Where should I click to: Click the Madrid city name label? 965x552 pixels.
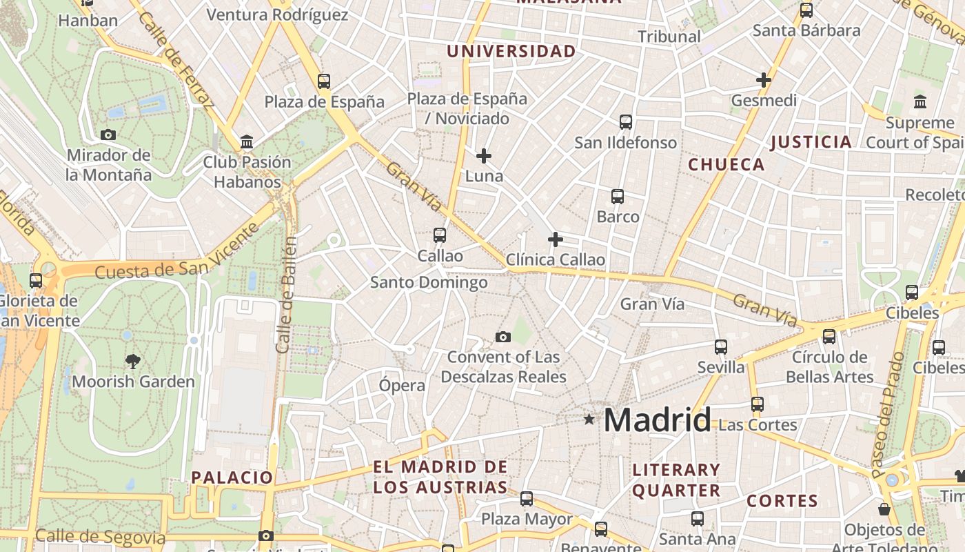click(x=658, y=420)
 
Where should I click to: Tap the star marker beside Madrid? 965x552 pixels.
click(x=589, y=419)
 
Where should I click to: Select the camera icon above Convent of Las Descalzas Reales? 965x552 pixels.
click(x=503, y=337)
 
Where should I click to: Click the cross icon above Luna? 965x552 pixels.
click(x=484, y=156)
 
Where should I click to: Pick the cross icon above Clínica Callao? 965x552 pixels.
click(x=555, y=239)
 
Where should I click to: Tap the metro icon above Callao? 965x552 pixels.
click(x=440, y=235)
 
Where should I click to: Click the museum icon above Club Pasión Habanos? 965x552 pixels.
click(x=247, y=142)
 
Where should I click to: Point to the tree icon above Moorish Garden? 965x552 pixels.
click(x=133, y=360)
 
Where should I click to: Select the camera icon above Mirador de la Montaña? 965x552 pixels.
click(x=108, y=135)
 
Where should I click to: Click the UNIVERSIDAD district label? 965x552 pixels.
click(x=511, y=51)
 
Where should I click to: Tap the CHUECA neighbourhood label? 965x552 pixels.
click(x=727, y=164)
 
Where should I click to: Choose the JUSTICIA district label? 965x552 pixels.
click(x=811, y=142)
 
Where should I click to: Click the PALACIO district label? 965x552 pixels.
click(x=232, y=477)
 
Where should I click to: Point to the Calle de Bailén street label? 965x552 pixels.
click(x=287, y=295)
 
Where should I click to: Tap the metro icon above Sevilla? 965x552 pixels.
click(x=721, y=346)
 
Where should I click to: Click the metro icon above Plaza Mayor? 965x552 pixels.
click(x=527, y=498)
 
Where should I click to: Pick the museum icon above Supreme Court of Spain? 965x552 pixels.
click(x=920, y=102)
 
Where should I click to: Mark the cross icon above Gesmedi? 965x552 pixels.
click(x=764, y=80)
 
